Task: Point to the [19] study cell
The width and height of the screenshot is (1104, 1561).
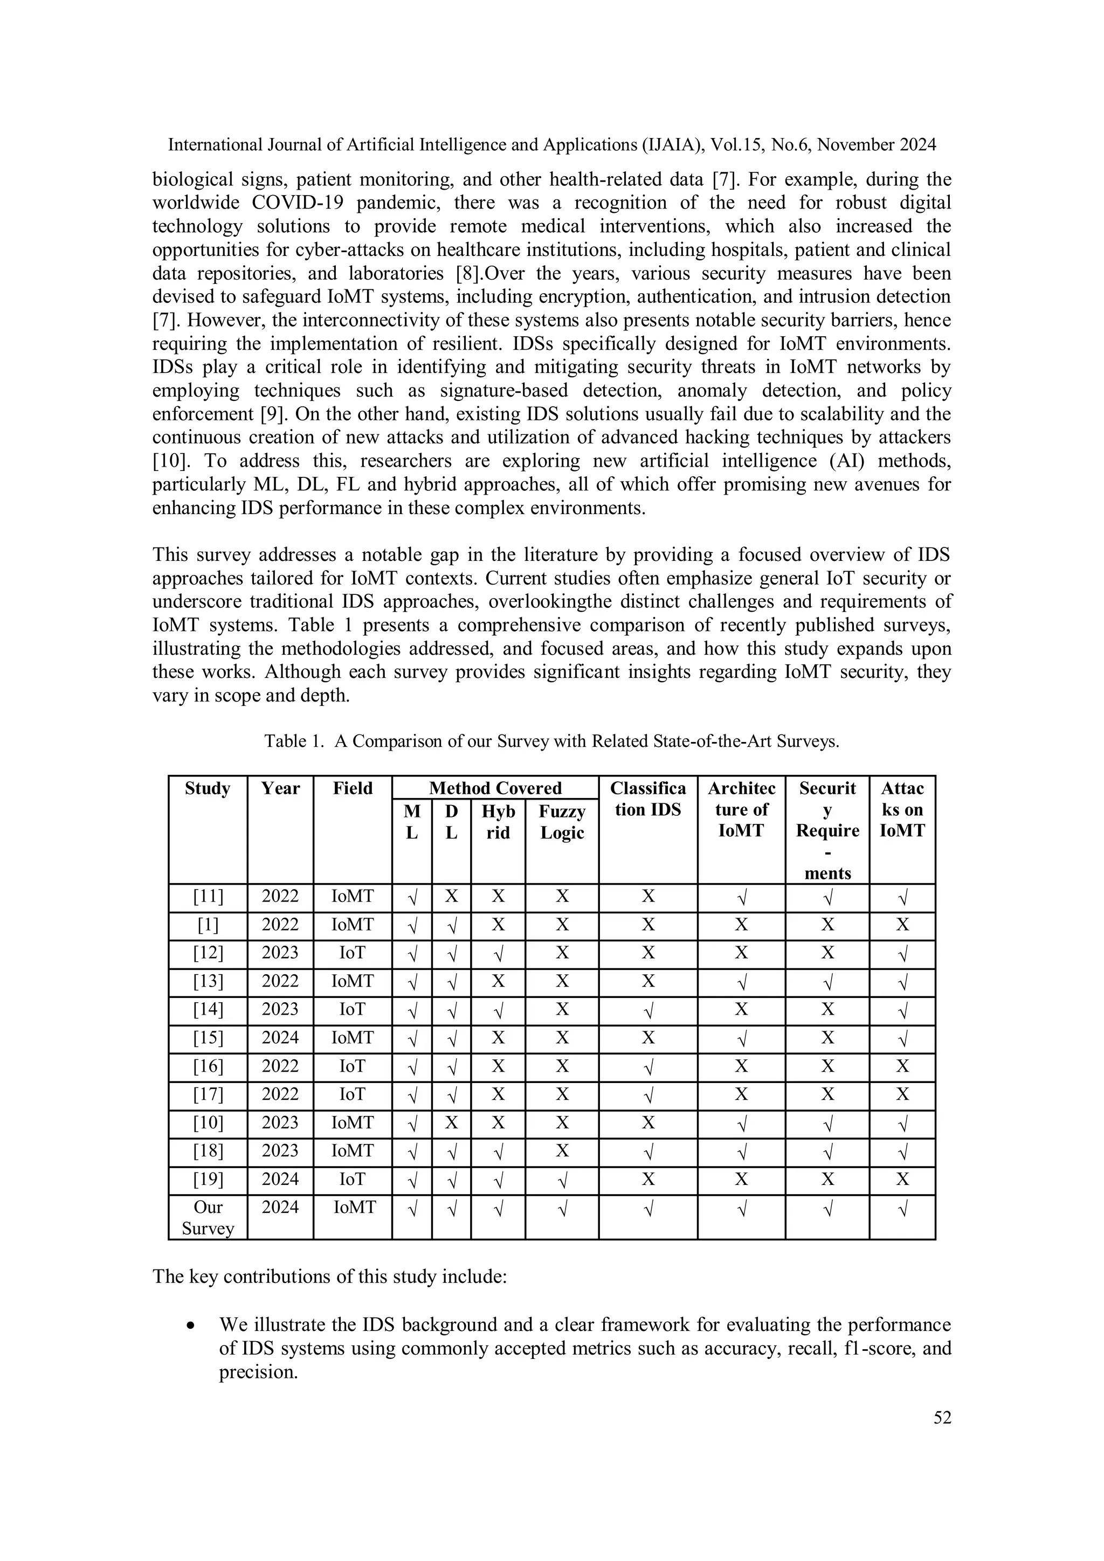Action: tap(208, 1179)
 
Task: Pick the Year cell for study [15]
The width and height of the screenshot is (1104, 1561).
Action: tap(280, 1038)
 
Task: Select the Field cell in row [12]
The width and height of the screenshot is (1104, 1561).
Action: tap(353, 953)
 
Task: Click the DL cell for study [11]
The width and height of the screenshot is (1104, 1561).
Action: tap(451, 897)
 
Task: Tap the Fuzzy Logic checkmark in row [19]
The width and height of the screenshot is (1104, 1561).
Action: tap(562, 1180)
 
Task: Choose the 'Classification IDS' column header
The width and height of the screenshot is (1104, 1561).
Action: tap(647, 799)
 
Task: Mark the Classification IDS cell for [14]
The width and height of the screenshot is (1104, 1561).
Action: tap(647, 1010)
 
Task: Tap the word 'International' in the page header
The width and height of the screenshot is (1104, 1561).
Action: tap(211, 145)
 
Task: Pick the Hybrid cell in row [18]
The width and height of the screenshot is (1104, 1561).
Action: tap(498, 1151)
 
